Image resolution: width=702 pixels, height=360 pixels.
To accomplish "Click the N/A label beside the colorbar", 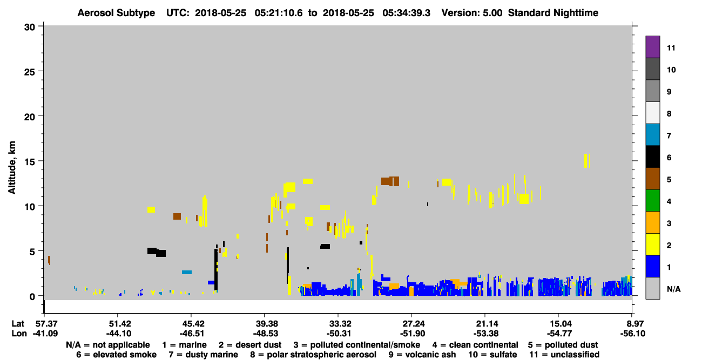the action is [x=673, y=289].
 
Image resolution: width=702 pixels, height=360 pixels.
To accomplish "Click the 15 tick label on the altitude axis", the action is [x=30, y=162].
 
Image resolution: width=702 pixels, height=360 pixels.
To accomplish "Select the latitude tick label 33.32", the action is [x=338, y=324].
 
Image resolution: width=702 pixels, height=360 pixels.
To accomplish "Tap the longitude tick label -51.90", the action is [x=411, y=334].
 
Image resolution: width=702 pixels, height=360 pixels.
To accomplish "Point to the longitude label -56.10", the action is [x=632, y=334].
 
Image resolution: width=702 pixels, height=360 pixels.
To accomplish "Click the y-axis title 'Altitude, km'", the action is [x=12, y=168].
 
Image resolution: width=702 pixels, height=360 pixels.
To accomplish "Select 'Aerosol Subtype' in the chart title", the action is [x=116, y=13].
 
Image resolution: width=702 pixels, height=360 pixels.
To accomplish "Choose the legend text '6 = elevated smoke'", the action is [x=116, y=355].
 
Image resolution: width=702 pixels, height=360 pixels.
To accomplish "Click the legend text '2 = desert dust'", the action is [x=250, y=345].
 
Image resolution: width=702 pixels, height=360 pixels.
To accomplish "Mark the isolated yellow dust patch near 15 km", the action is [x=587, y=161].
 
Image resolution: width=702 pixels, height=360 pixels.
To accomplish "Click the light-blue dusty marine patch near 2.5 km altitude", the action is [x=187, y=272].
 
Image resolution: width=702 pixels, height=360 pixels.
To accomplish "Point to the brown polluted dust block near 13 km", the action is [x=390, y=181].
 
